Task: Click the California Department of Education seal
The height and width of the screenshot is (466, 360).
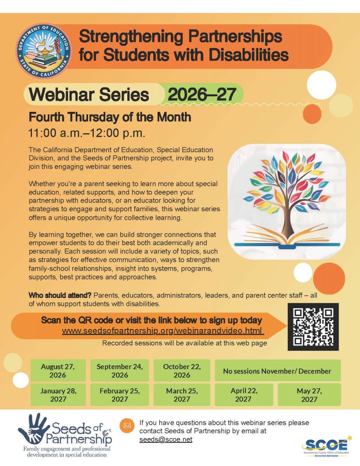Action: pos(44,51)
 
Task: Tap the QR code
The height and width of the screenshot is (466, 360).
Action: pos(313,327)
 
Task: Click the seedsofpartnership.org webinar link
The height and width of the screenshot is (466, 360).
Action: pos(163,331)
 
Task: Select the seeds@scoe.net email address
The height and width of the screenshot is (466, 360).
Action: pos(166,440)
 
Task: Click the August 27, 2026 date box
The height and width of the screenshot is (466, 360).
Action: pos(58,370)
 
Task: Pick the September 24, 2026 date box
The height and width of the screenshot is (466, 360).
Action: pos(120,370)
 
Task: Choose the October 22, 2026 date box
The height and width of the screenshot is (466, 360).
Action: pos(182,370)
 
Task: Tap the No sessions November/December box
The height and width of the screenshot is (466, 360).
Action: pos(278,370)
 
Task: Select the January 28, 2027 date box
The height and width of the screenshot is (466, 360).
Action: pos(58,395)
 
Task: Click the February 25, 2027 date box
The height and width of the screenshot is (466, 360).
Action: pos(120,395)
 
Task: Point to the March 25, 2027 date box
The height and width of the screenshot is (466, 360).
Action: pos(182,395)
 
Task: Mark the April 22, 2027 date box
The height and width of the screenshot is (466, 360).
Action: pos(244,395)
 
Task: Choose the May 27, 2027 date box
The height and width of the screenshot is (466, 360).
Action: pos(309,395)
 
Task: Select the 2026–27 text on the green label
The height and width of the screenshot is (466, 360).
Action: pos(202,94)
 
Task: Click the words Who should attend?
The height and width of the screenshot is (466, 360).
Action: pos(60,295)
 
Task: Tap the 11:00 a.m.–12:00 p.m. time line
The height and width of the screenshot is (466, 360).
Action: pos(87,133)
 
